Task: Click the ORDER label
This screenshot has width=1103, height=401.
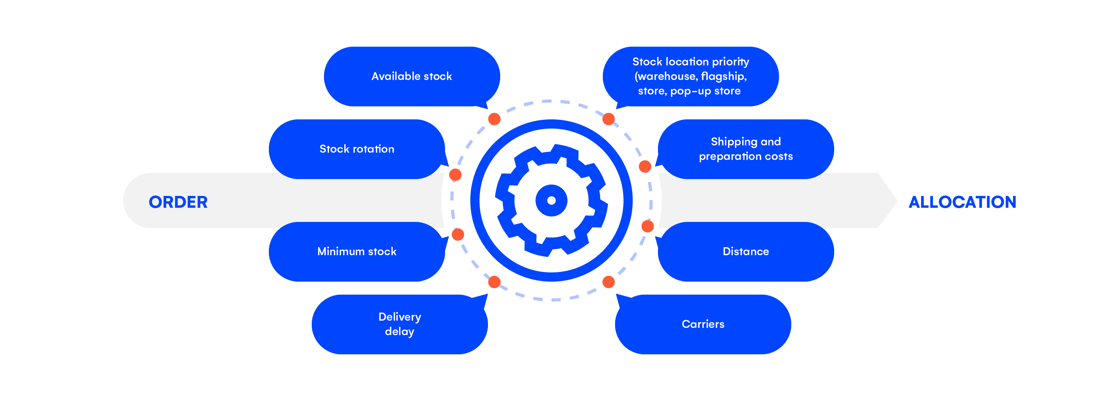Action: coord(178,202)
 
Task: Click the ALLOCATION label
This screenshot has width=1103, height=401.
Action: coord(962,202)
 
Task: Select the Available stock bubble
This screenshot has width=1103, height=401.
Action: coord(411,76)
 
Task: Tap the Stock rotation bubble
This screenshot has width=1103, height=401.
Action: coord(357,149)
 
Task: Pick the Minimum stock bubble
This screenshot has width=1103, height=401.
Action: coord(357,251)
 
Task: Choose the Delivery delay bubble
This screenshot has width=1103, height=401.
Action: coord(399,324)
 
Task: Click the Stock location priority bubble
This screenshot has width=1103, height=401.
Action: coord(690,76)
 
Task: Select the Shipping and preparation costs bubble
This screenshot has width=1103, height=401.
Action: coord(745,149)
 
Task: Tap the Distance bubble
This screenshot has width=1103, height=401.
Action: coord(745,251)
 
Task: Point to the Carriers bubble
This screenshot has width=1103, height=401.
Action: coord(703,324)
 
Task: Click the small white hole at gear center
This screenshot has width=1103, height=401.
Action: coord(551,200)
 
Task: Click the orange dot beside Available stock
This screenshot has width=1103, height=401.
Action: coord(494,119)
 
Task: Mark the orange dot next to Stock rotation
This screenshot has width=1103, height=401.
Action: coord(455,174)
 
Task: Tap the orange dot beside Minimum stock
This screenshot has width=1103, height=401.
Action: coord(458,235)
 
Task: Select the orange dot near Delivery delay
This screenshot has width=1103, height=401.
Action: coord(494,282)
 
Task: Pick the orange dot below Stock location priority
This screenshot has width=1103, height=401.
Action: coord(609,119)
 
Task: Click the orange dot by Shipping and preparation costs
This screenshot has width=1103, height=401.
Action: coord(645,166)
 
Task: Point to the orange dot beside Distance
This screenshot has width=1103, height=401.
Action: coord(647,227)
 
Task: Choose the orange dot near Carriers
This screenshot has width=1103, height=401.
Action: coord(609,282)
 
